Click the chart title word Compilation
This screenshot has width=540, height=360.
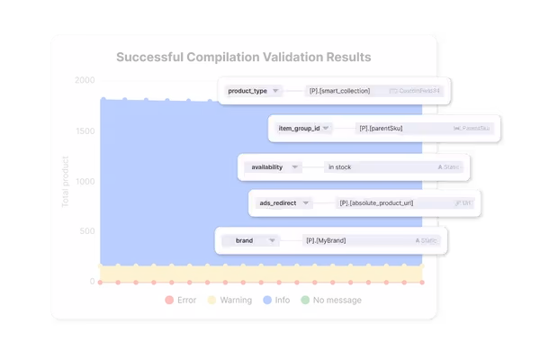click(231, 58)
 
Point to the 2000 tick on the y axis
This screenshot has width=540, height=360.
click(84, 80)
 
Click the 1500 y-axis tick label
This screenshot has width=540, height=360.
click(84, 131)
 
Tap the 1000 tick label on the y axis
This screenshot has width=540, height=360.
click(84, 182)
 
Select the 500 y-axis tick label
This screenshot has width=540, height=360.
click(86, 231)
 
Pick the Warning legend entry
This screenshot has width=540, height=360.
click(229, 300)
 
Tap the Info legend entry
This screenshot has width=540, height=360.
click(274, 300)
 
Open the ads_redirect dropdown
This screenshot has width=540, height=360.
click(283, 203)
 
